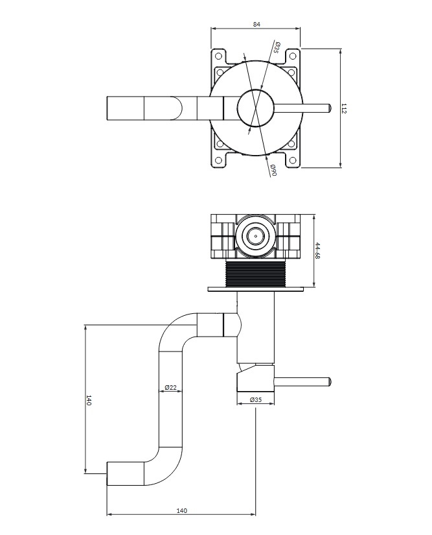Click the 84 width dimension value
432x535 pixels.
pyautogui.click(x=256, y=24)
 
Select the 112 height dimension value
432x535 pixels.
pyautogui.click(x=344, y=108)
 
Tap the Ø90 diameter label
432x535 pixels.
pyautogui.click(x=273, y=169)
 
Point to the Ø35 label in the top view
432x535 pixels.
pyautogui.click(x=277, y=47)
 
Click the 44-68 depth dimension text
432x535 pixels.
pyautogui.click(x=317, y=251)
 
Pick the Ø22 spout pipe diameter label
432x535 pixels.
pyautogui.click(x=171, y=387)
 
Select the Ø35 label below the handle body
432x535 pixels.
pyautogui.click(x=256, y=399)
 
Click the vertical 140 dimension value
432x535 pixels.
pyautogui.click(x=89, y=400)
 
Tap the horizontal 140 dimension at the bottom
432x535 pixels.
pyautogui.click(x=181, y=520)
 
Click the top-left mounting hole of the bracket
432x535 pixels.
pyautogui.click(x=218, y=56)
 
